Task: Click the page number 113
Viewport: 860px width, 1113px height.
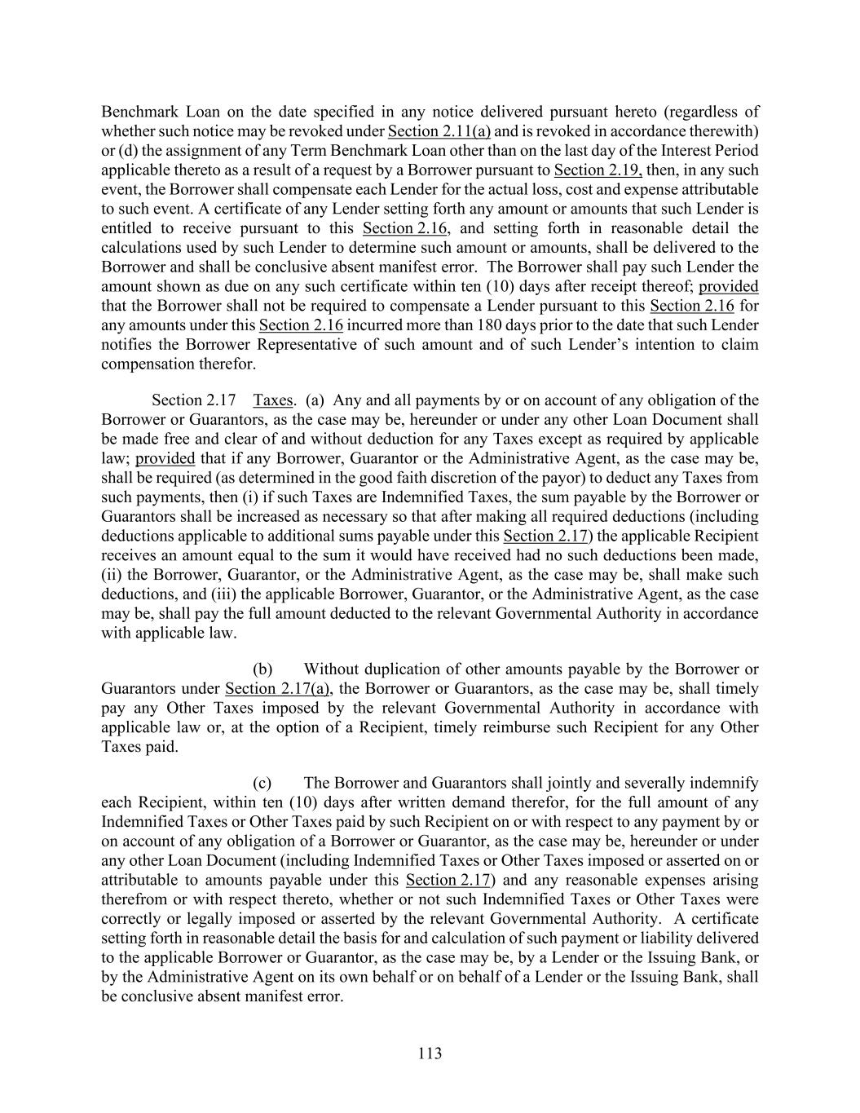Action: click(x=430, y=1053)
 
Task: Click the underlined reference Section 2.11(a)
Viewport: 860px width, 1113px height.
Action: click(x=439, y=131)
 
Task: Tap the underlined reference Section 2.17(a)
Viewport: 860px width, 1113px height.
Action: click(x=278, y=688)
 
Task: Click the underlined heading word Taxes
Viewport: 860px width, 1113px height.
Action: click(x=273, y=400)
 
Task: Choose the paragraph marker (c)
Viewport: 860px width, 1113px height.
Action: click(x=262, y=783)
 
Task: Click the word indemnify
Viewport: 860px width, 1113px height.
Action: click(x=723, y=783)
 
